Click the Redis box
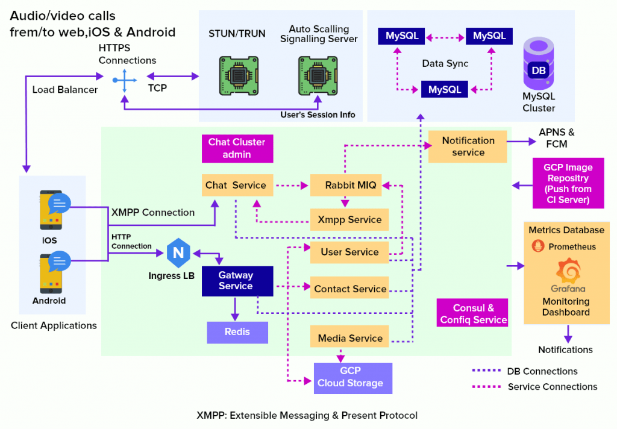237,332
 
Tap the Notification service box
468,146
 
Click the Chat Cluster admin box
237,148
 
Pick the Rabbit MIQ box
351,185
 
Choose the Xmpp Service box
349,220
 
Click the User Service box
349,252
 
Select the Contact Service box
349,289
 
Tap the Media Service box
349,338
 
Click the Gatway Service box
236,281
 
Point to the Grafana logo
566,271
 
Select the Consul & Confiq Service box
473,314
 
